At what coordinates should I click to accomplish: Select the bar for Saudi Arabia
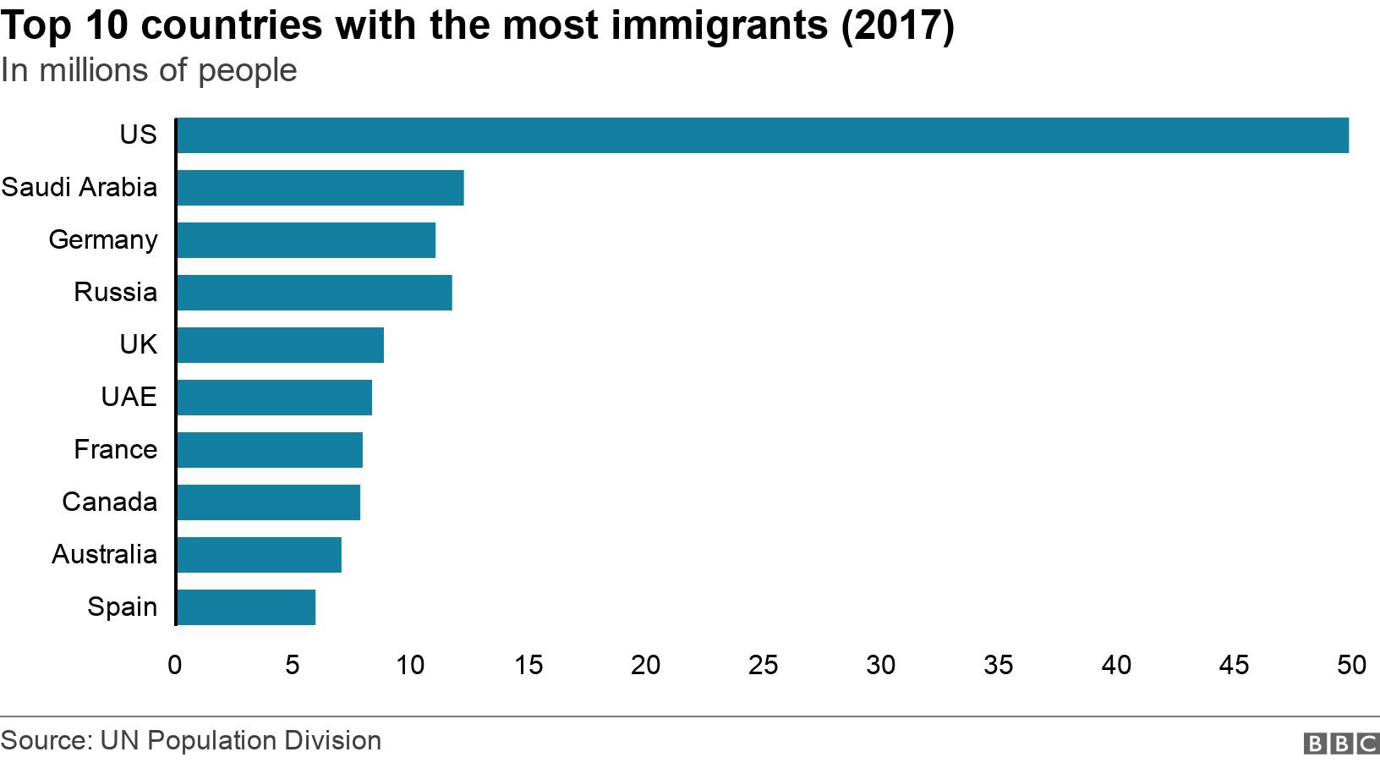coord(320,188)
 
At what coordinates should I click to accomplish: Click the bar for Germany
coord(305,240)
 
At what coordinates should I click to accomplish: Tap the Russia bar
coord(314,293)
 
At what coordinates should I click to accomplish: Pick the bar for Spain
coord(245,607)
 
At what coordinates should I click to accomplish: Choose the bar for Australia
coord(259,555)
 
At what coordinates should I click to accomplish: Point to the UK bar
coord(280,345)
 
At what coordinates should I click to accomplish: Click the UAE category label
coord(129,397)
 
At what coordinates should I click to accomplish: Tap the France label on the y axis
coord(115,449)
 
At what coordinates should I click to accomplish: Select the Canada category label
coord(109,502)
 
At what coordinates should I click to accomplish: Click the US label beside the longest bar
coord(138,134)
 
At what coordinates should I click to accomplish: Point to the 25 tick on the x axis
coord(763,666)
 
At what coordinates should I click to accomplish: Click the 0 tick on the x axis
coord(175,666)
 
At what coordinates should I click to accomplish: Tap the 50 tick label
coord(1350,666)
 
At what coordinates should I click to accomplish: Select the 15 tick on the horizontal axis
coord(528,666)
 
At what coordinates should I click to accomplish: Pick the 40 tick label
coord(1115,666)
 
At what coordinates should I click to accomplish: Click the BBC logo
coord(1341,744)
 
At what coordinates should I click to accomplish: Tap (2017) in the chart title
coord(897,25)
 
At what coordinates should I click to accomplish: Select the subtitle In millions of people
coord(149,70)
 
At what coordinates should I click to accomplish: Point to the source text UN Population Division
coord(240,741)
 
